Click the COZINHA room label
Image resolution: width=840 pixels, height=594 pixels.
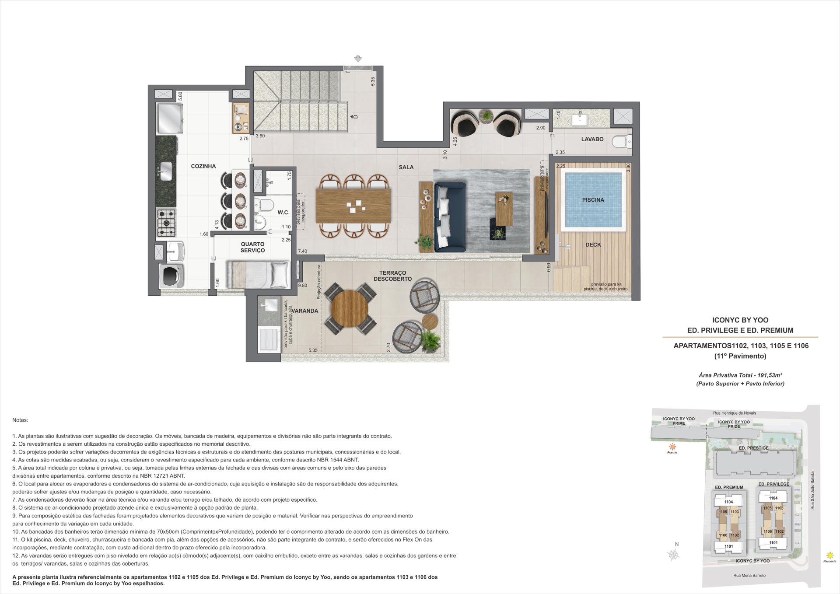click(x=203, y=166)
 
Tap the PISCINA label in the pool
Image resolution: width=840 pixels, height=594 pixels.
click(x=593, y=200)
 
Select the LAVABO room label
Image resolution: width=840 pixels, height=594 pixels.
click(x=592, y=139)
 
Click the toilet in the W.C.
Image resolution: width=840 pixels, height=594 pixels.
click(x=264, y=205)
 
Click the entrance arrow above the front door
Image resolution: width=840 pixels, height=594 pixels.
click(x=358, y=59)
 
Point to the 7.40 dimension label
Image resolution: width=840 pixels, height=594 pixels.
click(x=302, y=252)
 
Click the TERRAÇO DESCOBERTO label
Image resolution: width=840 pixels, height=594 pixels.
click(x=392, y=276)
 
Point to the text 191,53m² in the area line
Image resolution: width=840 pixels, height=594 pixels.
click(x=769, y=375)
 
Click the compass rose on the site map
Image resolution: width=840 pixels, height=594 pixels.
click(x=674, y=555)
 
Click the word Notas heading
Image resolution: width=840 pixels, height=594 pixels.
click(x=20, y=420)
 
